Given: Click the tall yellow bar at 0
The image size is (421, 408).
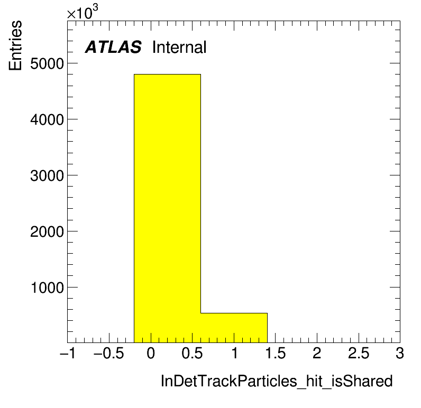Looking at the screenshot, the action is tap(167, 208).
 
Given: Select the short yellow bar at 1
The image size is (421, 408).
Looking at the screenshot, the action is tap(234, 328).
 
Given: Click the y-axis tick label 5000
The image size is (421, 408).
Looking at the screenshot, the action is tap(47, 64).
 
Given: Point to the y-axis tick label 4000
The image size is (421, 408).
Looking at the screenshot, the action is tap(47, 119).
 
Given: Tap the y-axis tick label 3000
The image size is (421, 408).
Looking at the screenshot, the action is tap(47, 175).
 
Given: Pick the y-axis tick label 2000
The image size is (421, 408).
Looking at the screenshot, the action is tap(47, 231).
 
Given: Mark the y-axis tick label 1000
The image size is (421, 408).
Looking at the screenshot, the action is tap(48, 288).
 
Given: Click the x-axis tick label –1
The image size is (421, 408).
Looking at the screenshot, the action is tap(68, 353).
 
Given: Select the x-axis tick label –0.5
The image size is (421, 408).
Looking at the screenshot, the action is tap(109, 353).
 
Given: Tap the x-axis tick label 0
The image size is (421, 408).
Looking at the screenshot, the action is tap(151, 353).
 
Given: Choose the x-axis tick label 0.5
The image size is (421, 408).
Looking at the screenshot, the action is tap(192, 353).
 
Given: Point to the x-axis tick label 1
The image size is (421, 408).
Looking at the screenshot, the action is tap(234, 353).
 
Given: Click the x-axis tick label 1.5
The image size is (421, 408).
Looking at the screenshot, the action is tap(276, 353).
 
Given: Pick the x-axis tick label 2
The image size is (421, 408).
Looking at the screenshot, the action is tap(317, 353).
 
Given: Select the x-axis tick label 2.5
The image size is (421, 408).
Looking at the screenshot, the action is tap(359, 353).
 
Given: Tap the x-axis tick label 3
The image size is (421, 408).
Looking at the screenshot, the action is tap(400, 353).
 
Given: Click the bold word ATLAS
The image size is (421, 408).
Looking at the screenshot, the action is tap(113, 47).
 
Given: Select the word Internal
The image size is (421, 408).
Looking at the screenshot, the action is tap(179, 47).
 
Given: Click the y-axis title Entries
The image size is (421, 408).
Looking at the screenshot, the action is tap(15, 45).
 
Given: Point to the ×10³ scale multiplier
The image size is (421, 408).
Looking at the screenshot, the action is tap(83, 12).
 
